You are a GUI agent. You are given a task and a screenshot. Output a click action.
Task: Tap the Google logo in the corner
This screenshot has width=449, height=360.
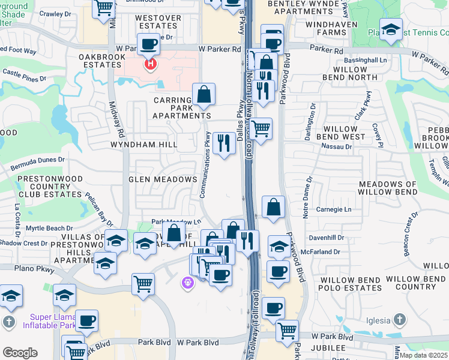(x=20, y=353)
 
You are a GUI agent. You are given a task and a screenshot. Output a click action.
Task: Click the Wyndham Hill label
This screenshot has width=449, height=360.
(x=143, y=145)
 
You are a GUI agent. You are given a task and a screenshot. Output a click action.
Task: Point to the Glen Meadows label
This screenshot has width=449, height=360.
(x=162, y=179)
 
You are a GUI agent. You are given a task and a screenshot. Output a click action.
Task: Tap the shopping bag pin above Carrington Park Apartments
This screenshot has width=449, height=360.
(x=203, y=94)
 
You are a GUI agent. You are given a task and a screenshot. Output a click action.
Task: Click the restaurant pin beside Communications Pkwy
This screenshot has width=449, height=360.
(x=224, y=143)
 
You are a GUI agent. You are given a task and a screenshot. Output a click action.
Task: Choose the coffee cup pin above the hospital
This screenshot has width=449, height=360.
(x=148, y=44)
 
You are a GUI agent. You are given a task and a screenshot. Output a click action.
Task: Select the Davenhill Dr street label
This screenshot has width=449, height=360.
(x=326, y=238)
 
